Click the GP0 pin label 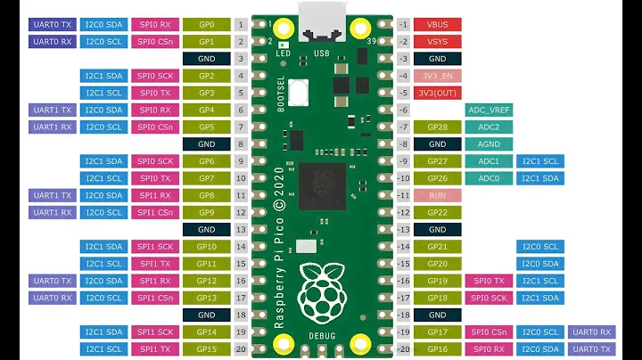click(206, 24)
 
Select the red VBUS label click(437, 24)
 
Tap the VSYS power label click(437, 41)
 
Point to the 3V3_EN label click(437, 76)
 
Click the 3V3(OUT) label click(437, 93)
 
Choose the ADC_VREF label click(489, 110)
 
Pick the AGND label click(489, 143)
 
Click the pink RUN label click(437, 195)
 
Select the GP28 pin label click(437, 127)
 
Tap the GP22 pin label click(437, 212)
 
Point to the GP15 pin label click(206, 349)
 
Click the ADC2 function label click(489, 127)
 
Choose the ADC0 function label click(489, 178)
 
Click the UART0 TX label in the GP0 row click(53, 24)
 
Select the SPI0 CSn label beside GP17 click(489, 332)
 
